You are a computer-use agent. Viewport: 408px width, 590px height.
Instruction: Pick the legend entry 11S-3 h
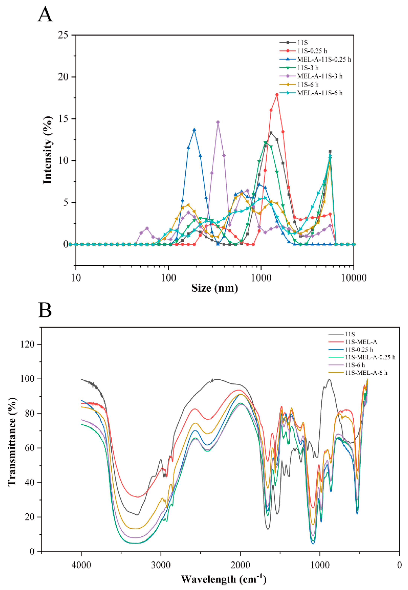pyautogui.click(x=308, y=68)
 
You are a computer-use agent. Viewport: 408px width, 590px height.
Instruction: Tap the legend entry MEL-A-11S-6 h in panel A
pyautogui.click(x=320, y=93)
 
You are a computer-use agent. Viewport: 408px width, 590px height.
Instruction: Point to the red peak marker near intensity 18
pyautogui.click(x=277, y=95)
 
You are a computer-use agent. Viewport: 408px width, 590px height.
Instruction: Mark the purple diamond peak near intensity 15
pyautogui.click(x=218, y=122)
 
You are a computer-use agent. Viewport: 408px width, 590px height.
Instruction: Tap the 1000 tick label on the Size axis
pyautogui.click(x=261, y=278)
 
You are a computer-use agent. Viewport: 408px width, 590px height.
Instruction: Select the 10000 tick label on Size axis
pyautogui.click(x=354, y=278)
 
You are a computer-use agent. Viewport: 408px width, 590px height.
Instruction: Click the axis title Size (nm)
pyautogui.click(x=215, y=288)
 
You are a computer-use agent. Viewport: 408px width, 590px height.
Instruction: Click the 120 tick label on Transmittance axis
pyautogui.click(x=27, y=344)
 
